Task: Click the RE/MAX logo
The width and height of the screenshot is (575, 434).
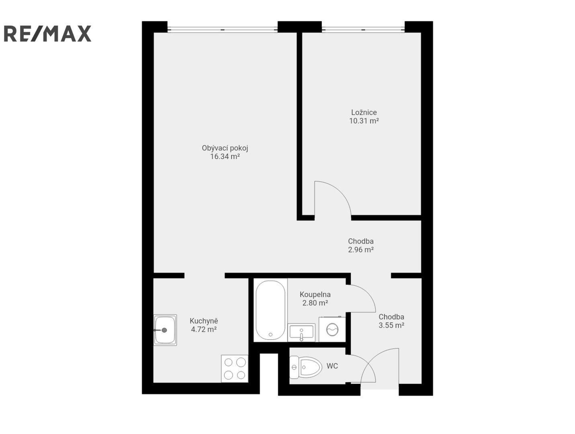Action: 47,33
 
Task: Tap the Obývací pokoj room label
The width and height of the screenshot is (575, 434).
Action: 225,148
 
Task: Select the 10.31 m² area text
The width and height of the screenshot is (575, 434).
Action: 364,121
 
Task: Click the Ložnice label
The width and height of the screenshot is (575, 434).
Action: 364,113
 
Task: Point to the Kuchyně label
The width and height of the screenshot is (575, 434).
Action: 204,321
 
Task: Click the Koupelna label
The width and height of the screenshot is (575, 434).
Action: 315,295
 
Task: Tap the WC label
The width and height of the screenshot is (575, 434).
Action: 332,366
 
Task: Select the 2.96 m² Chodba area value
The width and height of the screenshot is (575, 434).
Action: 361,250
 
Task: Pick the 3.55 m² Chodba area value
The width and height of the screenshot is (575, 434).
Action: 391,325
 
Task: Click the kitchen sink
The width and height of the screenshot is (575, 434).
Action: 165,330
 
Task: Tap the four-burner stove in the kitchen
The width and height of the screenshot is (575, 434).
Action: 234,368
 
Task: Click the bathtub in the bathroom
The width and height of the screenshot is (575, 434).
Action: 270,310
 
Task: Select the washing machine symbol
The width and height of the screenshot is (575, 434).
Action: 332,329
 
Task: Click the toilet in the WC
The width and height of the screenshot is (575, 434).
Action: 306,367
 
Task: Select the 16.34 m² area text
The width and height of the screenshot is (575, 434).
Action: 225,157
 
